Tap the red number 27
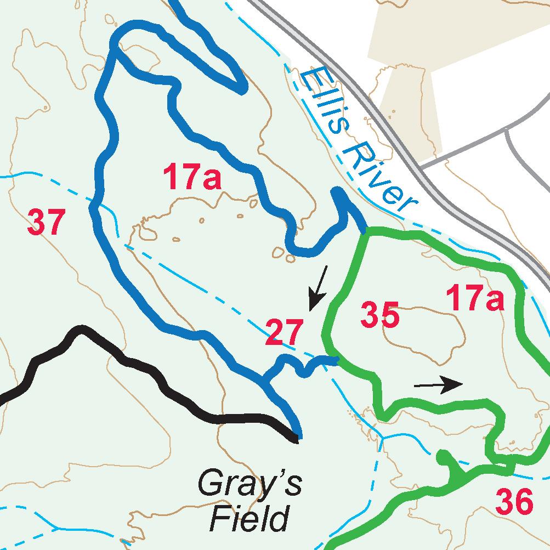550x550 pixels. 283,332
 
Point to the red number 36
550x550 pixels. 514,502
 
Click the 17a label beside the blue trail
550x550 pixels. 192,179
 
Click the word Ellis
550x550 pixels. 326,104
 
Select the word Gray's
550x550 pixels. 250,484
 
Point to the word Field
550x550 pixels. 250,518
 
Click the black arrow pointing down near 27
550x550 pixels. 318,288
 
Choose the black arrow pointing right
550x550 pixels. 439,385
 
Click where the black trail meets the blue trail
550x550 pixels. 296,437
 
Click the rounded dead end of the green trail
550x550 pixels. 442,455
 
